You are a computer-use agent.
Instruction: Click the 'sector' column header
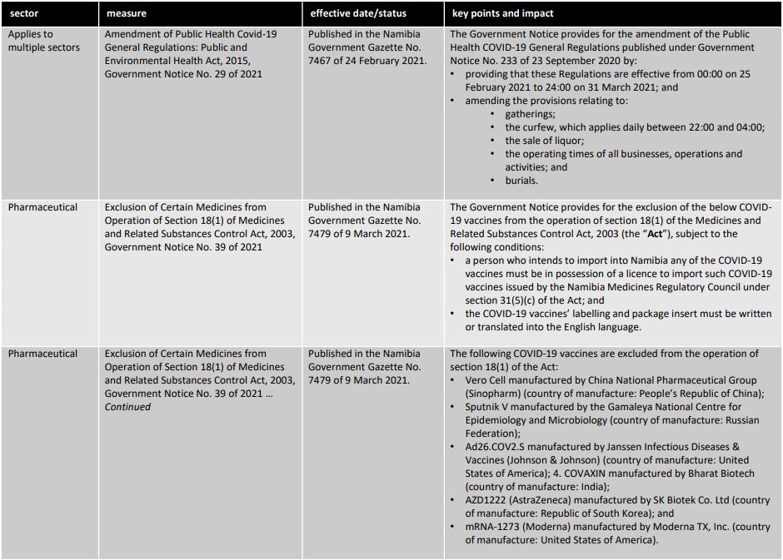click(24, 13)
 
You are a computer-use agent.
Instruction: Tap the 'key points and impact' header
click(503, 13)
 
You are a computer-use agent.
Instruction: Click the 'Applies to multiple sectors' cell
click(44, 41)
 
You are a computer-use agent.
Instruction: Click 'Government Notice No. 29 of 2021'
click(182, 74)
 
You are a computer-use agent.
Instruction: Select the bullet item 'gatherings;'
click(530, 114)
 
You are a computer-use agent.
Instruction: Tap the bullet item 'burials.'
click(521, 181)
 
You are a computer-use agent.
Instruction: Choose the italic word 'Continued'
click(127, 407)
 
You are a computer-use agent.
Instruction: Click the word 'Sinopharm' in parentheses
click(492, 394)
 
